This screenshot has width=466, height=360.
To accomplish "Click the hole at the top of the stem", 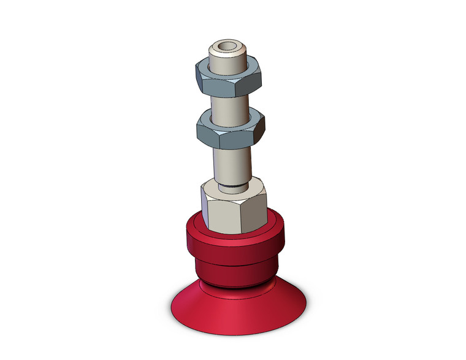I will (226, 46).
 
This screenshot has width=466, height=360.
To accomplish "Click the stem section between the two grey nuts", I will (231, 107).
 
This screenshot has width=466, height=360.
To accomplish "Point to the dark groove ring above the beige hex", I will (232, 185).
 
